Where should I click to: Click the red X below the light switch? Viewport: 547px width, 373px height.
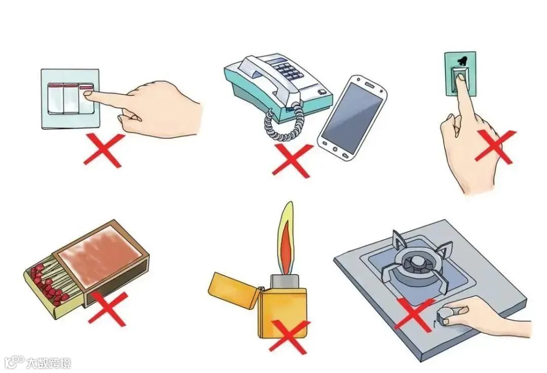point(104,151)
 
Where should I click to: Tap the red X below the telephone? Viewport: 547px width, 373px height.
point(292,161)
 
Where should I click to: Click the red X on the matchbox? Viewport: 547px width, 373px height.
point(108,309)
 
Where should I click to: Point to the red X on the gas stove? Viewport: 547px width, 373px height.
point(415,315)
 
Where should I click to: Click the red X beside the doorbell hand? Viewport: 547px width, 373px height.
point(495,146)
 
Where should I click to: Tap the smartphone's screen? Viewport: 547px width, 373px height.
point(352,117)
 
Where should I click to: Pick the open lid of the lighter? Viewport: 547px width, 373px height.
point(233,289)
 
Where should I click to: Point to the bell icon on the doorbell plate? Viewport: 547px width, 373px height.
point(461,61)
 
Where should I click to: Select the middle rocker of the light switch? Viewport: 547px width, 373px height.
point(71,99)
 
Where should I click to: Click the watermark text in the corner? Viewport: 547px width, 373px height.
point(49,363)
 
